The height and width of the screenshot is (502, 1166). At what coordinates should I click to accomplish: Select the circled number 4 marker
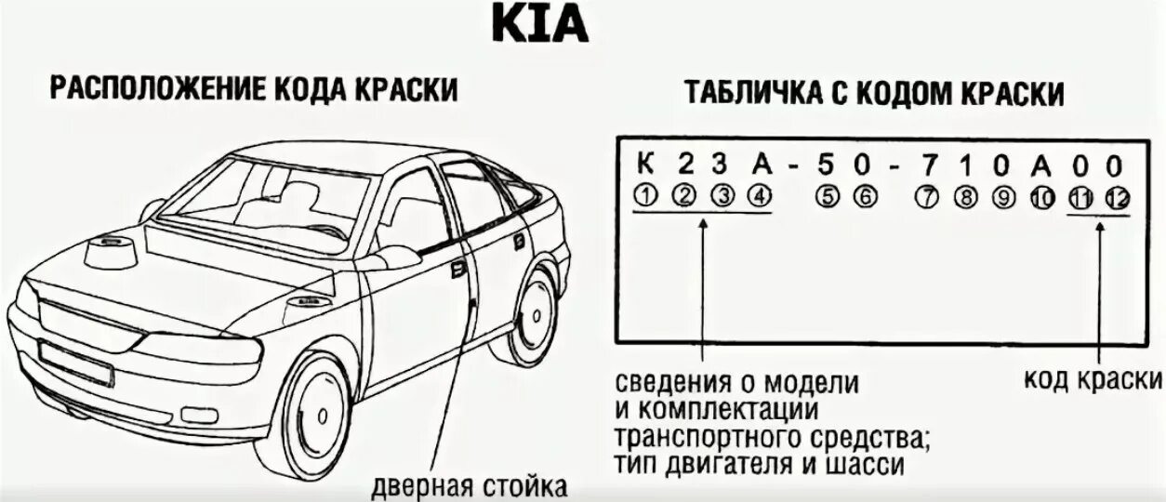(x=761, y=196)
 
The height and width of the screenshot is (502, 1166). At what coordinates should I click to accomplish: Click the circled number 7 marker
(x=924, y=196)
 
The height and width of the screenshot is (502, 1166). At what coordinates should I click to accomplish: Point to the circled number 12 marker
(x=1116, y=197)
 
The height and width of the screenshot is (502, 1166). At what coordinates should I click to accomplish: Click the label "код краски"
(x=1093, y=379)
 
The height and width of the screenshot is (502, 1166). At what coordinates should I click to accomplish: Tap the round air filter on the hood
(x=111, y=251)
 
